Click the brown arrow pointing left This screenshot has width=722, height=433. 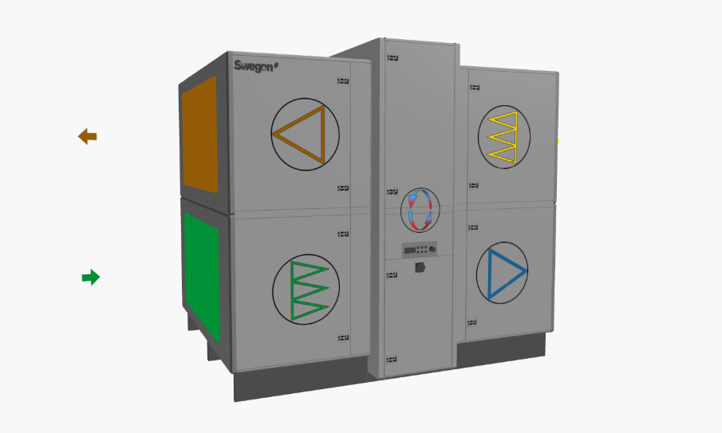click(x=88, y=136)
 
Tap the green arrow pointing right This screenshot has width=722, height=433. click(x=91, y=277)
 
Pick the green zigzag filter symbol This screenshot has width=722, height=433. click(x=309, y=290)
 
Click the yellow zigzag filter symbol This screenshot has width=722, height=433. click(x=503, y=137)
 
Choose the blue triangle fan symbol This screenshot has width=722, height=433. click(x=506, y=274)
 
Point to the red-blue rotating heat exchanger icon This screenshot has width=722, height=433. click(x=420, y=210)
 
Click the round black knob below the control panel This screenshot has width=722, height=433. click(x=420, y=267)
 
